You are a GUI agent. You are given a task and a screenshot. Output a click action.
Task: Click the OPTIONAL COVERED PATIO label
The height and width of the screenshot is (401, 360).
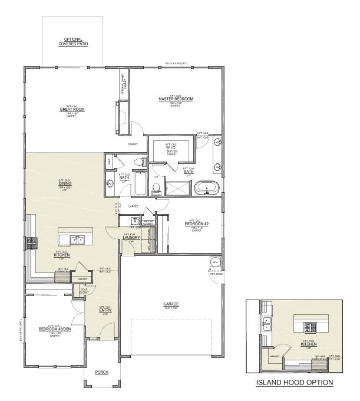point(73,42)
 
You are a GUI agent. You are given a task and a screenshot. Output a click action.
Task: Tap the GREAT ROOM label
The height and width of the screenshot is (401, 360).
point(72,109)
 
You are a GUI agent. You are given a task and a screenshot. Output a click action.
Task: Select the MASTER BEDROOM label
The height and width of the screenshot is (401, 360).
point(176,99)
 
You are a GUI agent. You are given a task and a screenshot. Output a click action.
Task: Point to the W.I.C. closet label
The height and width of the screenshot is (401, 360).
point(171,147)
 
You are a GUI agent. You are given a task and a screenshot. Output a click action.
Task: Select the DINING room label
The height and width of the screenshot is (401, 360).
point(65,183)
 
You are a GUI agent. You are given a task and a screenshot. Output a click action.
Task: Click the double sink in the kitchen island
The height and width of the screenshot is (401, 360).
point(78,239)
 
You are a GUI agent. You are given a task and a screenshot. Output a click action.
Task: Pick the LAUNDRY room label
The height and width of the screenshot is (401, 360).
point(131,237)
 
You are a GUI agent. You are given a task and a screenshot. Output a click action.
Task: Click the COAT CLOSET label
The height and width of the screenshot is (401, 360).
point(84,291)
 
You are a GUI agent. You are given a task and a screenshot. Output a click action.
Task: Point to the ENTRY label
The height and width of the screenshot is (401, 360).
point(105,310)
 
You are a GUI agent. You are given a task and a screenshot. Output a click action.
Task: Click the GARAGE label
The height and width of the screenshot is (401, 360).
point(171,304)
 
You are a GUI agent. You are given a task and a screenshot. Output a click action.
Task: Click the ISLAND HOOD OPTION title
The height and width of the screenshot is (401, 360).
point(294,382)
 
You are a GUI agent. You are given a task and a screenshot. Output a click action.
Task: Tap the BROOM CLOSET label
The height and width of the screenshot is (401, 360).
point(147,222)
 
